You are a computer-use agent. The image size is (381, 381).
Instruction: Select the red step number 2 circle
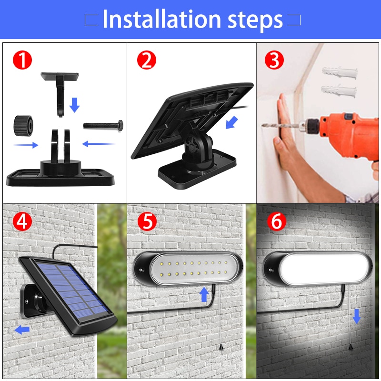(147, 60)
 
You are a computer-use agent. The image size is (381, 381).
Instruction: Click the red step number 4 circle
(21, 221)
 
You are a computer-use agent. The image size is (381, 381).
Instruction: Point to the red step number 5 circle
(147, 221)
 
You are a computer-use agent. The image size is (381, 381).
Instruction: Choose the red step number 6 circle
(276, 221)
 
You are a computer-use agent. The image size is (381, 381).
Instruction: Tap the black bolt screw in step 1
(104, 125)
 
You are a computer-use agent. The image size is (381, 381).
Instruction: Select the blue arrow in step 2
(232, 122)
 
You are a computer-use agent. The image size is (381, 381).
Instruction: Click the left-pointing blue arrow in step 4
(22, 330)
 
